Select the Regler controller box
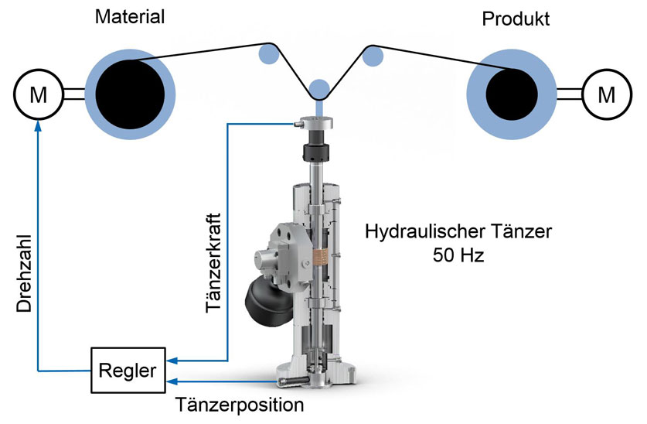[x=127, y=370]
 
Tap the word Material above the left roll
[x=130, y=16]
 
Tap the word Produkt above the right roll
[x=516, y=19]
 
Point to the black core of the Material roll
[x=130, y=92]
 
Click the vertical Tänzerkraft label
[x=216, y=263]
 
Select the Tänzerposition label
[x=239, y=405]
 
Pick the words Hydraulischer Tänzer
[x=459, y=230]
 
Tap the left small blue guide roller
[x=267, y=53]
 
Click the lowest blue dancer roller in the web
[x=318, y=88]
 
